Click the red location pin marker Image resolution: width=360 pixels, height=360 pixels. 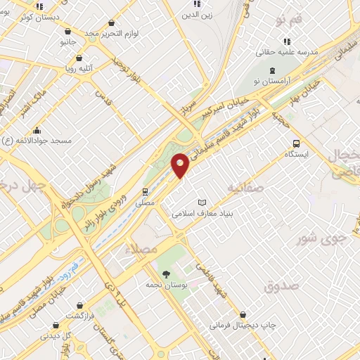(x=181, y=165)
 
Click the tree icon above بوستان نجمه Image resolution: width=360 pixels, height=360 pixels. (x=166, y=274)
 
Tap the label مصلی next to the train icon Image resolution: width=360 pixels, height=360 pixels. (x=145, y=202)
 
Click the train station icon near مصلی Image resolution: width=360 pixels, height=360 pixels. (x=145, y=191)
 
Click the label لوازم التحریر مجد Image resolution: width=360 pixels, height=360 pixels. (x=109, y=33)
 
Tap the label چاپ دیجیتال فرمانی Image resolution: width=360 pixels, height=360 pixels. (x=244, y=326)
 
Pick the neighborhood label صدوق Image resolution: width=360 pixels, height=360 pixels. (x=281, y=286)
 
